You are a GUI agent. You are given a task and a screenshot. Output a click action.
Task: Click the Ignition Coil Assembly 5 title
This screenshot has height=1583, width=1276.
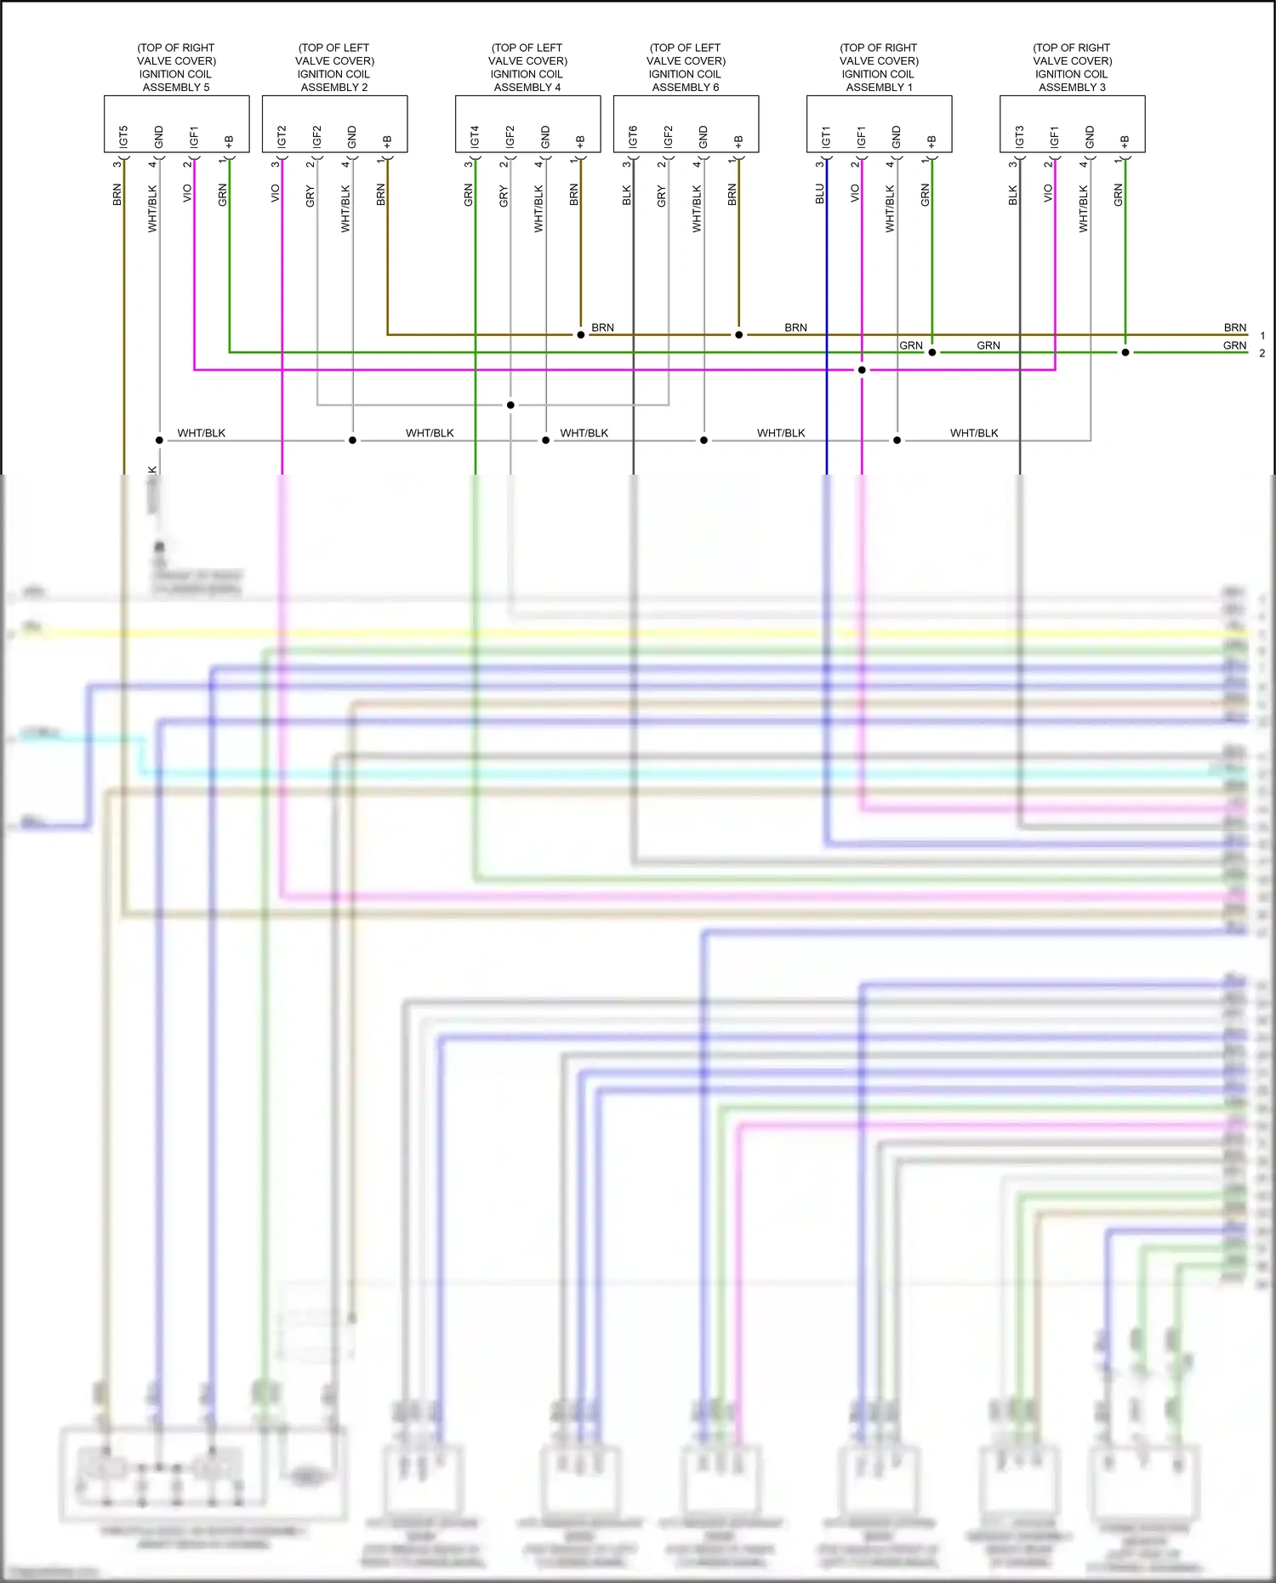pyautogui.click(x=176, y=67)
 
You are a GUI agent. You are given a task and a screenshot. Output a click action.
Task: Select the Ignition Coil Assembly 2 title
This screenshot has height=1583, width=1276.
pyautogui.click(x=334, y=67)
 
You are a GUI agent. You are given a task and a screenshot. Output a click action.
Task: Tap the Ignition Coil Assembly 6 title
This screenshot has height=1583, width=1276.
pyautogui.click(x=686, y=67)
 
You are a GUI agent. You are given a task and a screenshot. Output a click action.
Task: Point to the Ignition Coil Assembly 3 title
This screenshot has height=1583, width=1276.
pyautogui.click(x=1072, y=67)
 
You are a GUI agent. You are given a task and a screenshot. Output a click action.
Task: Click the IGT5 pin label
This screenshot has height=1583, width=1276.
pyautogui.click(x=124, y=136)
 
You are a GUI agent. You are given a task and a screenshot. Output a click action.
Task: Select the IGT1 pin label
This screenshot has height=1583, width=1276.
pyautogui.click(x=826, y=136)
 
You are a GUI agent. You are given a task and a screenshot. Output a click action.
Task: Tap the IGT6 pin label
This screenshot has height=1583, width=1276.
pyautogui.click(x=633, y=136)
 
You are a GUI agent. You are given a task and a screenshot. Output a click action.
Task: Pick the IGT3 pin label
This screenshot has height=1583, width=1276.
pyautogui.click(x=1019, y=136)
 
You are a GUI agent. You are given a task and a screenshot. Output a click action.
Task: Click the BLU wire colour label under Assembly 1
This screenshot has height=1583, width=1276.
pyautogui.click(x=820, y=194)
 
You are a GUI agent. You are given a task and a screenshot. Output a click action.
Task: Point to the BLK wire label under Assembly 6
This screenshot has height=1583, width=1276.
pyautogui.click(x=627, y=195)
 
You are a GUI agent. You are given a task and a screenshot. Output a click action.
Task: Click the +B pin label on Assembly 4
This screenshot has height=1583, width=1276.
pyautogui.click(x=580, y=141)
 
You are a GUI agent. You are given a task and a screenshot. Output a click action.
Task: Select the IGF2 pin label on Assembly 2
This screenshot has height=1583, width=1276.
pyautogui.click(x=317, y=136)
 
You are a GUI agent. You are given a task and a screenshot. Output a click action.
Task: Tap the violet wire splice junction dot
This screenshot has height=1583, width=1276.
pyautogui.click(x=862, y=370)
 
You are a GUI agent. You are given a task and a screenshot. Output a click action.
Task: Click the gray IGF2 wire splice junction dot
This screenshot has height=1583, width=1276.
pyautogui.click(x=510, y=405)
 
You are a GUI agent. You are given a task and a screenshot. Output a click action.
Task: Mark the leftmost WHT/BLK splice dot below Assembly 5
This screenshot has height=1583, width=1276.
pyautogui.click(x=159, y=440)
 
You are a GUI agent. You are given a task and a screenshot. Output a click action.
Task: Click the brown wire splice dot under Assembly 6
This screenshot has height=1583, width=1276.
pyautogui.click(x=738, y=334)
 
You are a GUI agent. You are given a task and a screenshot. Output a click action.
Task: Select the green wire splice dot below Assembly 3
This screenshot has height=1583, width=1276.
pyautogui.click(x=1125, y=352)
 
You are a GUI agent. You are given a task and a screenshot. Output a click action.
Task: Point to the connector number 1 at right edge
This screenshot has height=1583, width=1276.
pyautogui.click(x=1262, y=336)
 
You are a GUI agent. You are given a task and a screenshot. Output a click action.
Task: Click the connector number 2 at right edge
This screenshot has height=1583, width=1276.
pyautogui.click(x=1262, y=353)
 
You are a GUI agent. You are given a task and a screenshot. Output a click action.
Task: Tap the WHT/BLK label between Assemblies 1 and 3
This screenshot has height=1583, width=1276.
pyautogui.click(x=974, y=433)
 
